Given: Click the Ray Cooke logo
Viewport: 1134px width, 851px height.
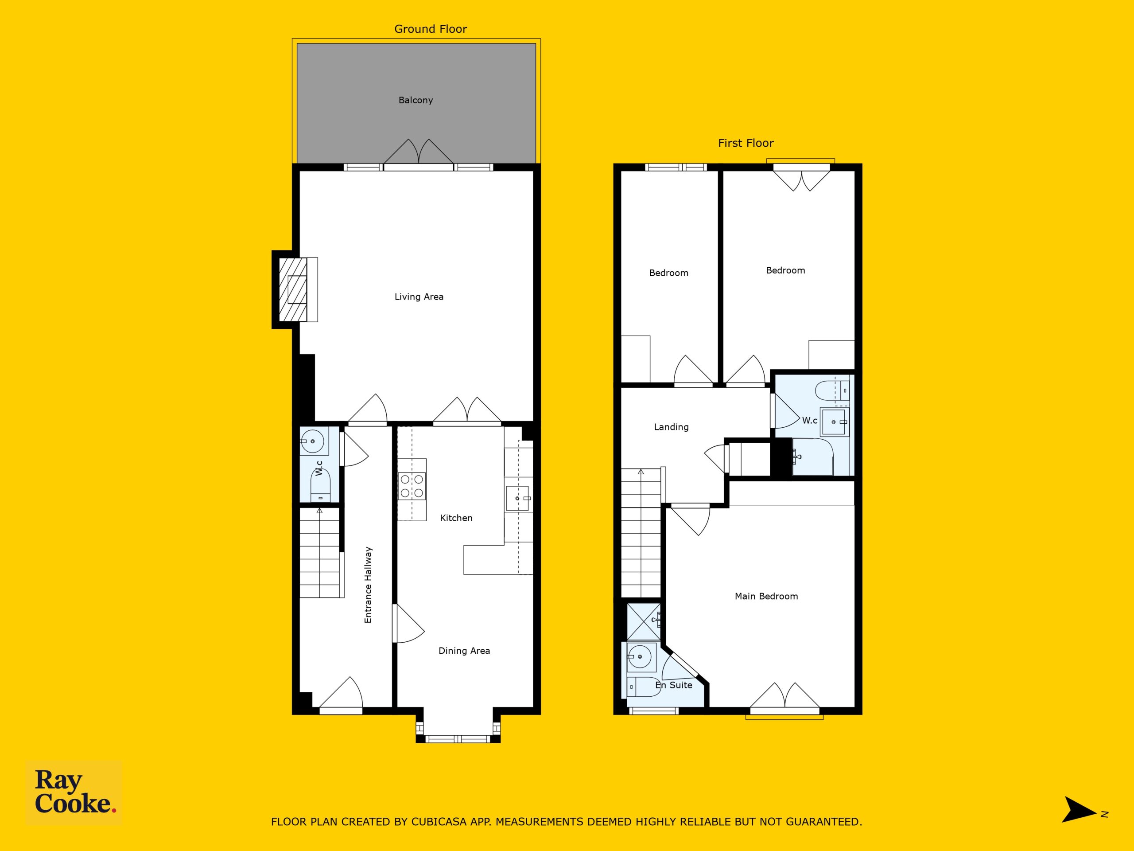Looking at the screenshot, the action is [74, 792].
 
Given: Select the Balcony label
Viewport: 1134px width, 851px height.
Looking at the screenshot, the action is [416, 101].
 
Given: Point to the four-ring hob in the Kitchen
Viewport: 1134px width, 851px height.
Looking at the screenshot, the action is [412, 486].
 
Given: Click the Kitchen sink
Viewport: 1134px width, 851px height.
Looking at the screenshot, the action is [518, 498].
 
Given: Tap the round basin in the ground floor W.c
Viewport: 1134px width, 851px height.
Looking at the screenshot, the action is [313, 441].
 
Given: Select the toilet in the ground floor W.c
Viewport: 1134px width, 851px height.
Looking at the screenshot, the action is [320, 486].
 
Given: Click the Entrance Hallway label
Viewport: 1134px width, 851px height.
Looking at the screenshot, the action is [368, 585].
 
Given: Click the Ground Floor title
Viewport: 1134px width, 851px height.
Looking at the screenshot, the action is [431, 29].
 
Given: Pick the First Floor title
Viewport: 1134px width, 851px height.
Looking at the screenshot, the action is [746, 143].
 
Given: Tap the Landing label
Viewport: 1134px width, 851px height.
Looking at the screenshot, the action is [671, 427].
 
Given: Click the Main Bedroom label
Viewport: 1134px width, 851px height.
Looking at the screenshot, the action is [766, 596].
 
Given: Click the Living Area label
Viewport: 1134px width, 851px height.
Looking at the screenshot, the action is [419, 297].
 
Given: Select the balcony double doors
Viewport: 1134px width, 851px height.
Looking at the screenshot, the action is [419, 154].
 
